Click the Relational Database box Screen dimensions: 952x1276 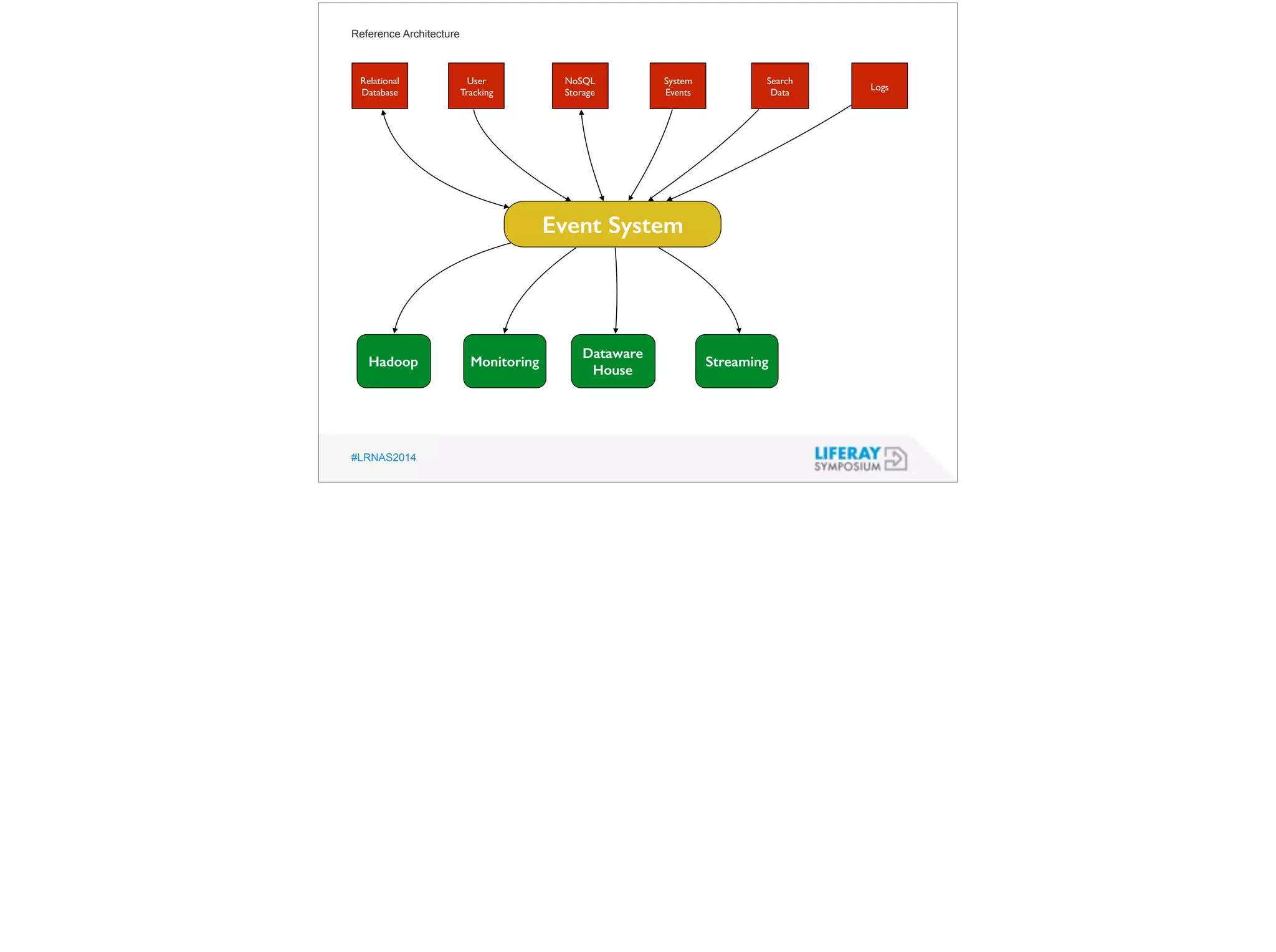[379, 86]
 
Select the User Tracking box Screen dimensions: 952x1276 [476, 86]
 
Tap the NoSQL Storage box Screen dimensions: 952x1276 [580, 86]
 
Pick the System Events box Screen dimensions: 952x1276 [678, 86]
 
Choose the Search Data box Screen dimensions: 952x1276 [779, 86]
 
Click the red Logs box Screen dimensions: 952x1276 [879, 86]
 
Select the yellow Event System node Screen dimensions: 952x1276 [612, 224]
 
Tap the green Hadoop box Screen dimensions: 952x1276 [394, 362]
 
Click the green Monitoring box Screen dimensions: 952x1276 [505, 362]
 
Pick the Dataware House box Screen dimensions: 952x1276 [613, 362]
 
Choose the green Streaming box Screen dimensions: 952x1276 [736, 362]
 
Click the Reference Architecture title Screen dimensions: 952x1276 [405, 34]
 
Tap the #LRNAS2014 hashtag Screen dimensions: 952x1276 [383, 458]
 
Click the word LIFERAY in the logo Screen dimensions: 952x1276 [847, 453]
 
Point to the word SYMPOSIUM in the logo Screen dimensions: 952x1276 [847, 466]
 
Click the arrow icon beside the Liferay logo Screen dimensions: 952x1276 [895, 459]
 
